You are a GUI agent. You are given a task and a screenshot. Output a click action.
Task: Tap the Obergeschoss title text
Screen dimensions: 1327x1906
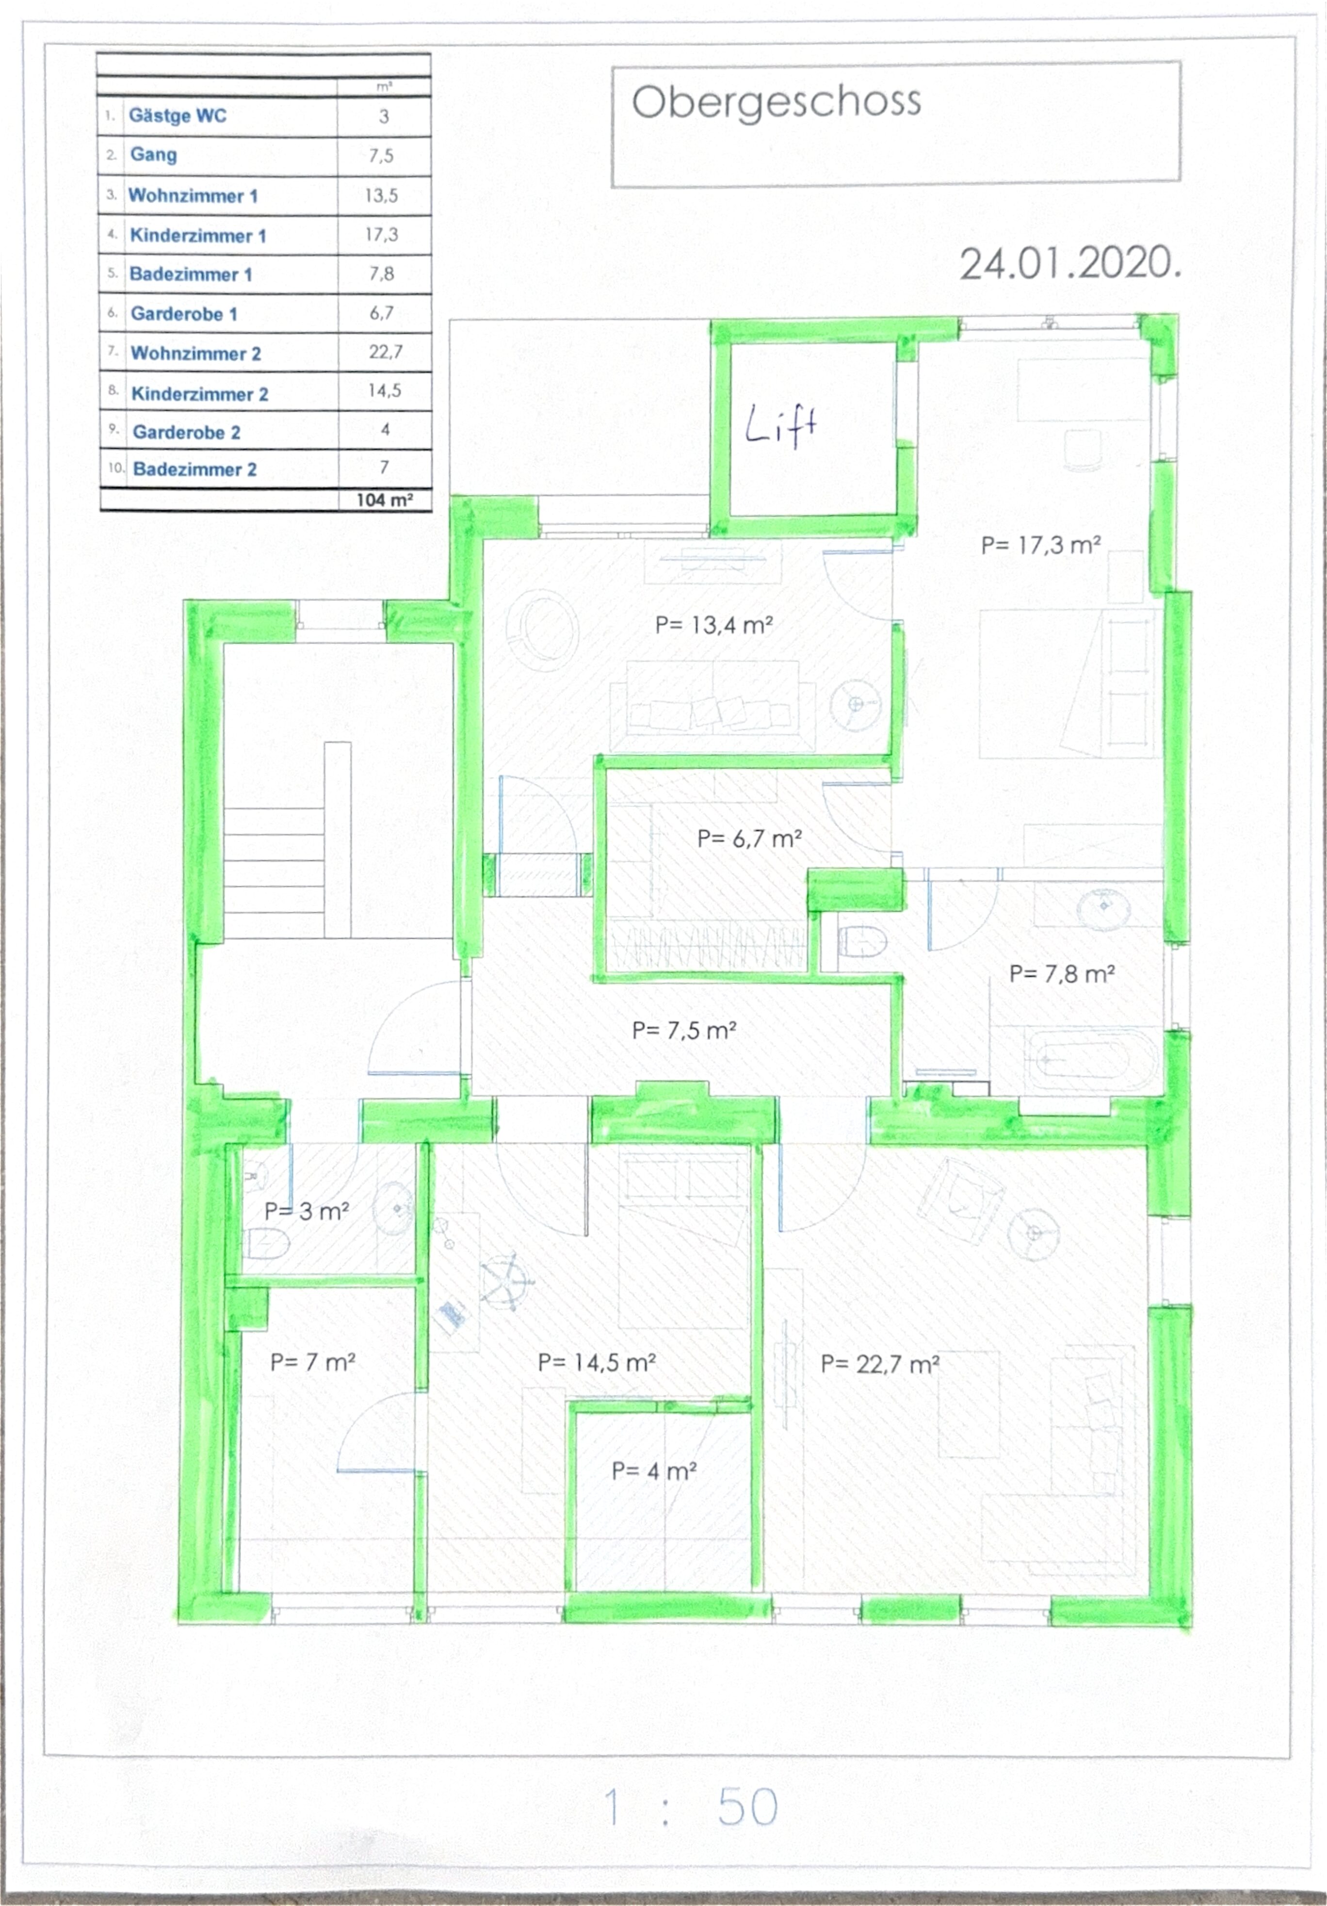pyautogui.click(x=777, y=103)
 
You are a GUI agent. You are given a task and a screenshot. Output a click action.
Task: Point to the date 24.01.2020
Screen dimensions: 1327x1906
pyautogui.click(x=1069, y=264)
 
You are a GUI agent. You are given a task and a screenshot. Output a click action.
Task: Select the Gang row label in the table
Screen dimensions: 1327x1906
pyautogui.click(x=154, y=155)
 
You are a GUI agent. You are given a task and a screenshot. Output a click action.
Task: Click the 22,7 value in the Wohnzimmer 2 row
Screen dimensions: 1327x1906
pyautogui.click(x=385, y=352)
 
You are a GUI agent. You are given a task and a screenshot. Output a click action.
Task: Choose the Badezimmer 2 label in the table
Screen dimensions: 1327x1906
pyautogui.click(x=194, y=469)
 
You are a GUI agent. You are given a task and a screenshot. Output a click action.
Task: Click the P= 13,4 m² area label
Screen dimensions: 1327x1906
pyautogui.click(x=714, y=625)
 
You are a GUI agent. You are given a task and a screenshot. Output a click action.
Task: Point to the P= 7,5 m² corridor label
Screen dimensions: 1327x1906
pyautogui.click(x=684, y=1030)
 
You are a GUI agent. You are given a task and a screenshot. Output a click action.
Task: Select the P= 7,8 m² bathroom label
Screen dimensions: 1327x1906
pyautogui.click(x=1061, y=974)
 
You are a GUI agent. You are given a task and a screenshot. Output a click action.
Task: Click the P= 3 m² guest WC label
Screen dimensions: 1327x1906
pyautogui.click(x=307, y=1211)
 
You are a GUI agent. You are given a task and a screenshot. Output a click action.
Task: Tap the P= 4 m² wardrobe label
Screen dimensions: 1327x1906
pyautogui.click(x=653, y=1471)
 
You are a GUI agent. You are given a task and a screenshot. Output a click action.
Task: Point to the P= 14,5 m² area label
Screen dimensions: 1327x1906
pyautogui.click(x=597, y=1362)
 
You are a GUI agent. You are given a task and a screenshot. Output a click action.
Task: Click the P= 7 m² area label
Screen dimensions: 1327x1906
pyautogui.click(x=313, y=1362)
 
